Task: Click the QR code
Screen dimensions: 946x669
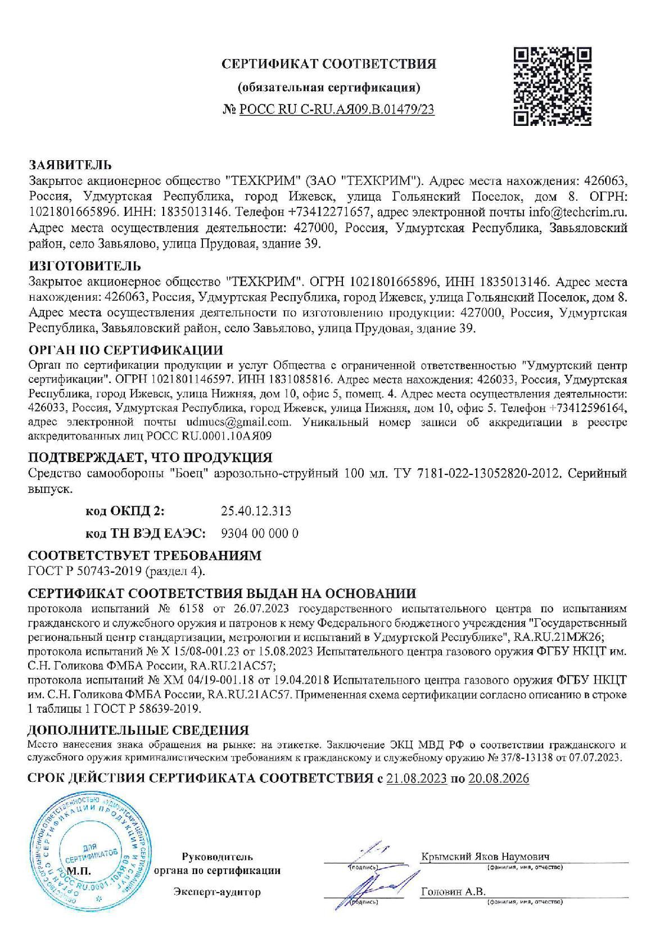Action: pos(553,86)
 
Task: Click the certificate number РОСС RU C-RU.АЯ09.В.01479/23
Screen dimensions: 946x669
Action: pos(337,110)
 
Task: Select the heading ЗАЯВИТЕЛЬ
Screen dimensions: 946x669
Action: pos(70,165)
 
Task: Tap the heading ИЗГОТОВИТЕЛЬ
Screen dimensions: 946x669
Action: pos(84,266)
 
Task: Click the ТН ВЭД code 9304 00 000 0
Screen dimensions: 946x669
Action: pos(260,533)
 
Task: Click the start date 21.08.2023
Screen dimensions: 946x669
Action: pos(417,779)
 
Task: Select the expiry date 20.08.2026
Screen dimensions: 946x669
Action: pos(499,779)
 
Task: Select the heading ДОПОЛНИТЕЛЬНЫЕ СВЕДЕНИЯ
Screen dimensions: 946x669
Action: pos(138,730)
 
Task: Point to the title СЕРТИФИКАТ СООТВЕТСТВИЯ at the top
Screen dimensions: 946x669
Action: pos(329,64)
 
